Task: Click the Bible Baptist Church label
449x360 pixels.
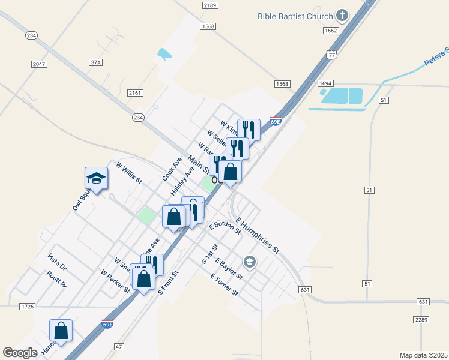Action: [295, 15]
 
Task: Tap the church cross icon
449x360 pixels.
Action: [342, 15]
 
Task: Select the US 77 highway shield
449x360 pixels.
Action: [331, 55]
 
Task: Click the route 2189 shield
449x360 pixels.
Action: [209, 5]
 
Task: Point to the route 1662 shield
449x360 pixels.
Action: [330, 30]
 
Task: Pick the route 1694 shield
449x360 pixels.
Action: [325, 83]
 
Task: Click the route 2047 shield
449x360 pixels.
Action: [39, 63]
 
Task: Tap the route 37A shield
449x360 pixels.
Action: [95, 62]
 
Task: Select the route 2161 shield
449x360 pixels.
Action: [135, 93]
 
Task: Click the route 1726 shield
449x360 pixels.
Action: [28, 307]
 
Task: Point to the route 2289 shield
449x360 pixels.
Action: [421, 320]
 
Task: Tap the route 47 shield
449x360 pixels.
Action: [119, 346]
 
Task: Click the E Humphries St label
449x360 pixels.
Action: [258, 235]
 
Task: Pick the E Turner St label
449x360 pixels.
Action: [224, 284]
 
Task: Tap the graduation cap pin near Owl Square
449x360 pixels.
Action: [96, 178]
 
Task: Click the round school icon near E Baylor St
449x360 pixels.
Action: [249, 262]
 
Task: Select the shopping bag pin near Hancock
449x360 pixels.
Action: [61, 331]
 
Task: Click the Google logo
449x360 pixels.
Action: [21, 353]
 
